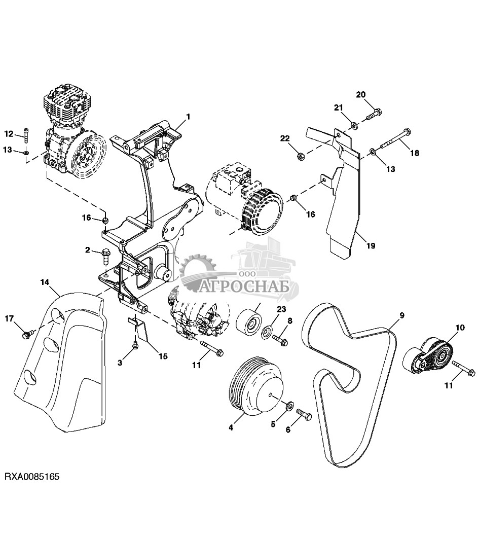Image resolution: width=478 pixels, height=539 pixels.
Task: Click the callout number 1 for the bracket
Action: coord(188,117)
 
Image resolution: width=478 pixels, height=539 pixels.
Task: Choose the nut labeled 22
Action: coord(300,155)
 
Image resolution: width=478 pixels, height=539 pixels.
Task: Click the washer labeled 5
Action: coord(290,405)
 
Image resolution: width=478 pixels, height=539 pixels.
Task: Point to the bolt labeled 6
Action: coord(305,414)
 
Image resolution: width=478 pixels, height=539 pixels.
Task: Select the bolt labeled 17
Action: coord(28,334)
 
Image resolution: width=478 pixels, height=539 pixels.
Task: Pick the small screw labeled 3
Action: coord(135,345)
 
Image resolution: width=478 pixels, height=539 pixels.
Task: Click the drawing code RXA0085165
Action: coord(32,477)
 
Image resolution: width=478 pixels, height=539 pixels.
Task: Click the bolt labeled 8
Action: coord(281,338)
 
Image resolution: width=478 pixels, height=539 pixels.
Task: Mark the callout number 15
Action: coord(163,356)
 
